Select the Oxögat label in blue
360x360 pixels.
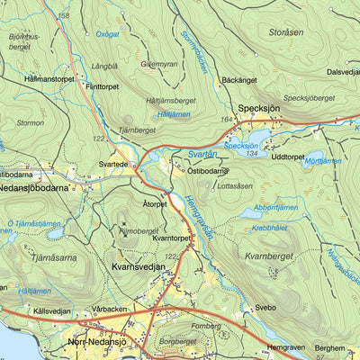[107, 34]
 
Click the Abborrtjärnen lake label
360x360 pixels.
[275, 207]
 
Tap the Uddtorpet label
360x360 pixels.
[288, 156]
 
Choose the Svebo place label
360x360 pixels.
[265, 307]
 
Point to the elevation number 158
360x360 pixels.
[62, 16]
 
